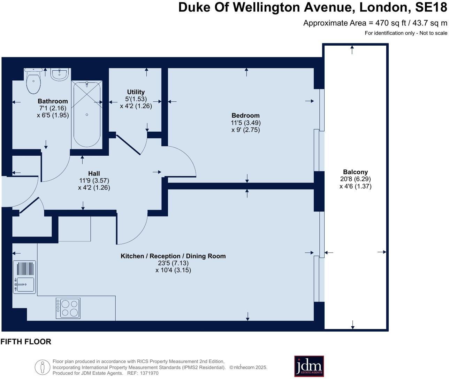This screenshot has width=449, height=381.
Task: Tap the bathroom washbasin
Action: [60, 74]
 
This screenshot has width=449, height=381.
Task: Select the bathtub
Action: [87, 114]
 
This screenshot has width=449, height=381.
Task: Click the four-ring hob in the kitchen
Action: [68, 308]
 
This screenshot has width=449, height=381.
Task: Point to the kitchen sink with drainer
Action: [24, 277]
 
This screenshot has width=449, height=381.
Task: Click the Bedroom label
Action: [245, 116]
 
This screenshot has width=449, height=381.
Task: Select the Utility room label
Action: [136, 92]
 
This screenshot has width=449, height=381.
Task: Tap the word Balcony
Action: [355, 172]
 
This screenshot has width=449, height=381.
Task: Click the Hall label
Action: [94, 173]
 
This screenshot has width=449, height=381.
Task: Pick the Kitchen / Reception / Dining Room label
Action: [173, 256]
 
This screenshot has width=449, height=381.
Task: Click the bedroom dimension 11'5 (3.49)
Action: [245, 123]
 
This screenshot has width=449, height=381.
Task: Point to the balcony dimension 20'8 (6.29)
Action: [355, 179]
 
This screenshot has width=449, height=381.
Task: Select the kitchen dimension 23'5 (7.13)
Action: [173, 263]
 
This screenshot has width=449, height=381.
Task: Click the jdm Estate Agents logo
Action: [309, 366]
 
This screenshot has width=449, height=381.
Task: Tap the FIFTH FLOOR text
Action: [26, 342]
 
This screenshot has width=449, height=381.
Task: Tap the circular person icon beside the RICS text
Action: [43, 367]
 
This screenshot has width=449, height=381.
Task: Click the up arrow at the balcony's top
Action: [352, 49]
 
